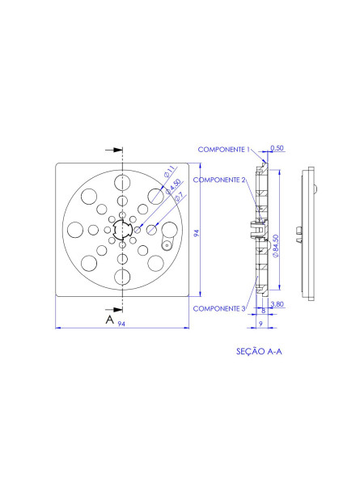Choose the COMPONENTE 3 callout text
pos(219,308)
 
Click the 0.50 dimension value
pos(277,149)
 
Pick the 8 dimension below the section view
pos(263,310)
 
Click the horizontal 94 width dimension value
pos(121,324)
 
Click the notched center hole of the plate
pos(122,230)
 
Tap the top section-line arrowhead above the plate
pos(117,150)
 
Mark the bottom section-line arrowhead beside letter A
pos(117,309)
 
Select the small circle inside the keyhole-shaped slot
pos(166,244)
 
